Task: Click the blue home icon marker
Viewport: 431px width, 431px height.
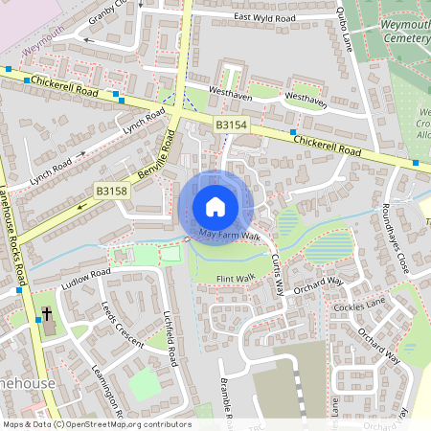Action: tap(215, 206)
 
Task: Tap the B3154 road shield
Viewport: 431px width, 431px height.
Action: tap(231, 125)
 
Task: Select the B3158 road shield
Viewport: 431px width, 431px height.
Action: tap(111, 192)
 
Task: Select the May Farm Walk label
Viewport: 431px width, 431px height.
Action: tap(230, 235)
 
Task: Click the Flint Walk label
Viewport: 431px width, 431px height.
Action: tap(236, 279)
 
